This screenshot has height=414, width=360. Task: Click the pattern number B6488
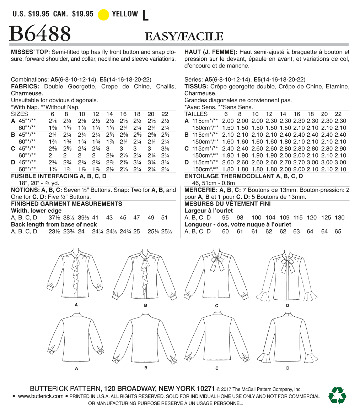click(x=40, y=34)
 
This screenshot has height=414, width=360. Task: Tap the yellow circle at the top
click(x=103, y=15)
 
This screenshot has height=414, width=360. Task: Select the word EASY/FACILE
click(x=184, y=37)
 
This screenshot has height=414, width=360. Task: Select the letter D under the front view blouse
click(x=287, y=305)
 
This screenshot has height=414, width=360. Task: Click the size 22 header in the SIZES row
click(x=165, y=114)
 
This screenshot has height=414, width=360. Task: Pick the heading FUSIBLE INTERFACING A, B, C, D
click(x=59, y=176)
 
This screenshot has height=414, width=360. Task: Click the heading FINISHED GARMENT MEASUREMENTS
click(x=67, y=204)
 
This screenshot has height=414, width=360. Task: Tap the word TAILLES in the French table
click(x=196, y=114)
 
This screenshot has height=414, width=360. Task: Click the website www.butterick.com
click(x=41, y=396)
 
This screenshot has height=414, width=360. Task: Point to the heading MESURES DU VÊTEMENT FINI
click(x=228, y=204)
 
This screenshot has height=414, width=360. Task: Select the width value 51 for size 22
click(x=164, y=218)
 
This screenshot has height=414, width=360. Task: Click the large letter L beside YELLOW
click(x=145, y=15)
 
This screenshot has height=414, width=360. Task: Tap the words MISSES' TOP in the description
click(x=31, y=52)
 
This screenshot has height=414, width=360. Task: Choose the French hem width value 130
click(x=340, y=218)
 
